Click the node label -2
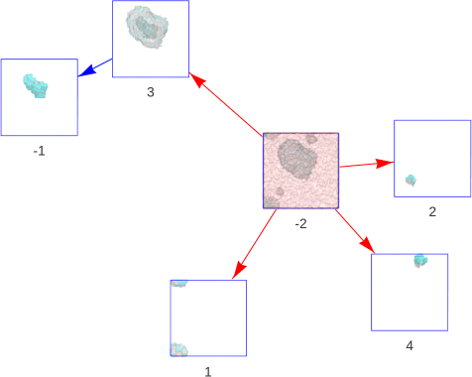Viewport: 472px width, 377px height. click(300, 224)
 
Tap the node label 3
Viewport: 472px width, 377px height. click(151, 92)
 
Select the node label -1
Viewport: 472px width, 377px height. click(39, 151)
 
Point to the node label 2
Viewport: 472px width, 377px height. click(432, 211)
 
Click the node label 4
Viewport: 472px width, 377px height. click(410, 345)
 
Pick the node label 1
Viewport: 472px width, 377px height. click(208, 372)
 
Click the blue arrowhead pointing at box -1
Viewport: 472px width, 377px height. click(86, 71)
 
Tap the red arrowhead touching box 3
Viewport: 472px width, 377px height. click(196, 79)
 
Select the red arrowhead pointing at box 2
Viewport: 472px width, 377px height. click(385, 164)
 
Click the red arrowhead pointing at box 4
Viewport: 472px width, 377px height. click(368, 246)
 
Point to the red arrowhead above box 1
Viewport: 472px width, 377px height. click(239, 270)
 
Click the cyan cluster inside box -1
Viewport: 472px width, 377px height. click(36, 85)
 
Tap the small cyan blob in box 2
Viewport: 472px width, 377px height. click(411, 181)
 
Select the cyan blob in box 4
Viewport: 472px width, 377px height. click(420, 261)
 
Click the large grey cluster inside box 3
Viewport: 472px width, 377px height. click(147, 28)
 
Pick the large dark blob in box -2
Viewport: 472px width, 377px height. click(296, 159)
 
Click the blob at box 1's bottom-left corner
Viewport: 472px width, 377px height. click(179, 349)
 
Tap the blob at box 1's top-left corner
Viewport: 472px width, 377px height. click(178, 284)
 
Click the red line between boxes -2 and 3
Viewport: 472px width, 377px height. click(226, 105)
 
